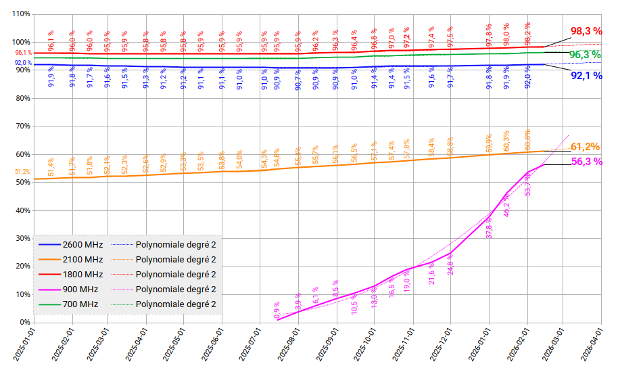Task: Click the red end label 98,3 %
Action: click(x=586, y=31)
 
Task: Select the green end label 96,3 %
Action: click(x=585, y=55)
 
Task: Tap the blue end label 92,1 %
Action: click(x=586, y=76)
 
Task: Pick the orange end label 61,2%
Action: click(x=586, y=147)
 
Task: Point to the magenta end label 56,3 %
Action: click(x=586, y=162)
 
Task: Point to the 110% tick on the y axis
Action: click(x=20, y=14)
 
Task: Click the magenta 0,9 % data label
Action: click(x=277, y=310)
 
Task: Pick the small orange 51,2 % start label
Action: click(x=22, y=172)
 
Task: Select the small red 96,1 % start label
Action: click(x=23, y=53)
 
